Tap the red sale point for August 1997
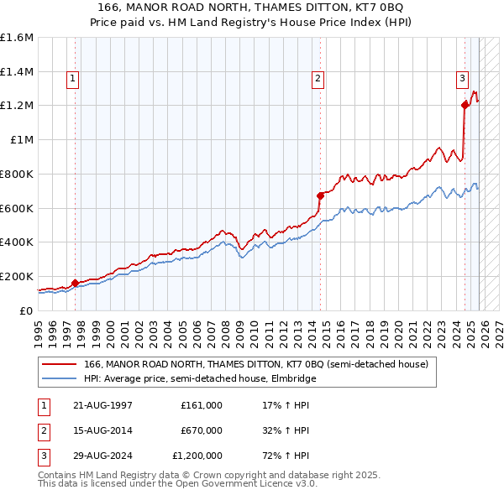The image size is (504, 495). (x=75, y=283)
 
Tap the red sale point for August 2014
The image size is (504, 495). (x=319, y=195)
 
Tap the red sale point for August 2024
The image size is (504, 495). (x=465, y=105)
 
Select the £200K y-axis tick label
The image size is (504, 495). (x=17, y=276)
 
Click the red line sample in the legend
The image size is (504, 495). (x=60, y=365)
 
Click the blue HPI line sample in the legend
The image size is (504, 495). (x=60, y=379)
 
